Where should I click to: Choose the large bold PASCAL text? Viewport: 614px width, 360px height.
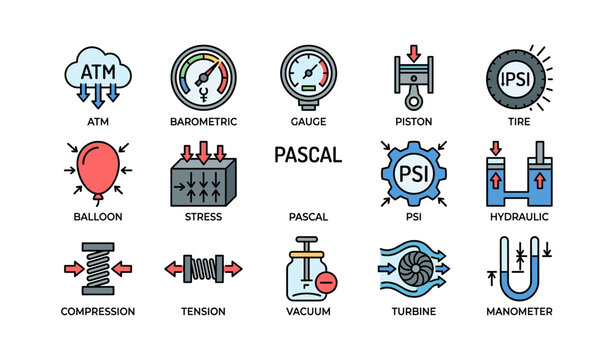[x=307, y=156]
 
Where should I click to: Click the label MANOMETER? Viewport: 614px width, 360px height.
[x=519, y=311]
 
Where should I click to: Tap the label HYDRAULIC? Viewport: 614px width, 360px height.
[x=519, y=216]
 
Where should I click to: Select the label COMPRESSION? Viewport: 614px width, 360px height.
[x=97, y=311]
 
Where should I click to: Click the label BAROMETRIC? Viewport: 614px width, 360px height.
[x=203, y=121]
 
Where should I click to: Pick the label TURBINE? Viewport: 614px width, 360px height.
[x=413, y=311]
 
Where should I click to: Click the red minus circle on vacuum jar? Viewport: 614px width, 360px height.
[x=324, y=282]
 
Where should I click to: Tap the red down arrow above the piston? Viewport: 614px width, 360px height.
[x=413, y=51]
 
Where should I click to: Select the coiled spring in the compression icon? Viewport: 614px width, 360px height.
[x=97, y=268]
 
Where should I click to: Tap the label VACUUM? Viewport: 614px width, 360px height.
[x=307, y=311]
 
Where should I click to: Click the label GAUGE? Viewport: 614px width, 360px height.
[x=307, y=121]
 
